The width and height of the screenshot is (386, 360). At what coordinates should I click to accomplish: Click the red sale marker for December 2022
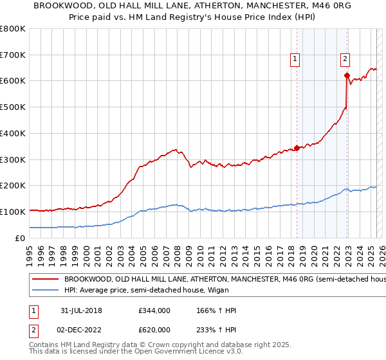[x=347, y=76]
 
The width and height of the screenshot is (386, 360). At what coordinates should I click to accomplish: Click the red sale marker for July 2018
[x=297, y=147]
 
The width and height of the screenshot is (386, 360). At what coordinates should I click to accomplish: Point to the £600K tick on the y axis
[x=12, y=81]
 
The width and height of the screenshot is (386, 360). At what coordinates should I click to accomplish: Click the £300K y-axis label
[x=12, y=159]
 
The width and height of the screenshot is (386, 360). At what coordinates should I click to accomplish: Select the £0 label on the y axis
[x=21, y=238]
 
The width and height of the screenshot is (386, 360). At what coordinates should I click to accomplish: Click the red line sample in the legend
[x=45, y=280]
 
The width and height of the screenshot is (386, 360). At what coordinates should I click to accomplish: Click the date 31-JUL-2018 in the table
[x=79, y=310]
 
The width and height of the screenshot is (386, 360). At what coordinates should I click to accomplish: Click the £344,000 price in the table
[x=154, y=310]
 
